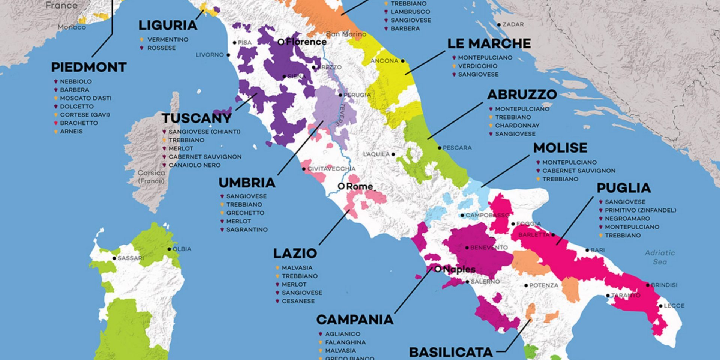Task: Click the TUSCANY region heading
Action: click(x=196, y=118)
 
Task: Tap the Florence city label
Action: click(x=306, y=42)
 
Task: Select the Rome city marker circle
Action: click(x=341, y=186)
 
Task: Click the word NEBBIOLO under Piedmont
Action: click(x=76, y=81)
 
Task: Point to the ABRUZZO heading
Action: click(x=522, y=94)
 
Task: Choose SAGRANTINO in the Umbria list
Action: click(x=247, y=229)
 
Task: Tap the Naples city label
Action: click(x=459, y=269)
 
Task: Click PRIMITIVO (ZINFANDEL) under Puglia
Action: click(x=640, y=210)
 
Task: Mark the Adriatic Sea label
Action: click(x=660, y=257)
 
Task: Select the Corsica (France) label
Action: click(x=151, y=177)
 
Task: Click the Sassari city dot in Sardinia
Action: click(x=114, y=258)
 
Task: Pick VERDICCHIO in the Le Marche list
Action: click(x=477, y=66)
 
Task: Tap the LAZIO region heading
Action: click(x=295, y=253)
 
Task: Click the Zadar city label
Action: click(x=513, y=24)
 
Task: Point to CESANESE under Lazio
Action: click(x=298, y=301)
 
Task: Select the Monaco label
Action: click(x=72, y=27)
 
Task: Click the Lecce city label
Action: click(x=674, y=306)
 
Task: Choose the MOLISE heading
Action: click(x=560, y=148)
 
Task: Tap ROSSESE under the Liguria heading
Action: click(x=161, y=48)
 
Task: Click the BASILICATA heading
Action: click(x=450, y=352)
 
